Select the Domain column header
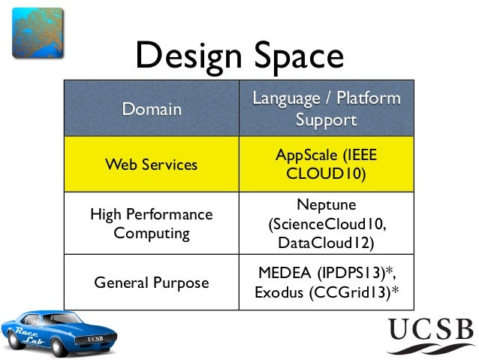(x=152, y=109)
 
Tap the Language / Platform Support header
(x=326, y=109)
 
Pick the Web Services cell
(x=152, y=164)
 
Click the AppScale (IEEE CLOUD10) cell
(x=326, y=164)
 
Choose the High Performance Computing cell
(x=152, y=223)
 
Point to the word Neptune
(x=326, y=204)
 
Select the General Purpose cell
(x=152, y=283)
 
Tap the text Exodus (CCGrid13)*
(x=326, y=292)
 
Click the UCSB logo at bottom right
(x=430, y=335)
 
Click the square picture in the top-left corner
(x=36, y=31)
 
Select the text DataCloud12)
(x=326, y=243)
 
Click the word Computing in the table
(x=152, y=233)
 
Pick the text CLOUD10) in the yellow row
(x=326, y=174)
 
